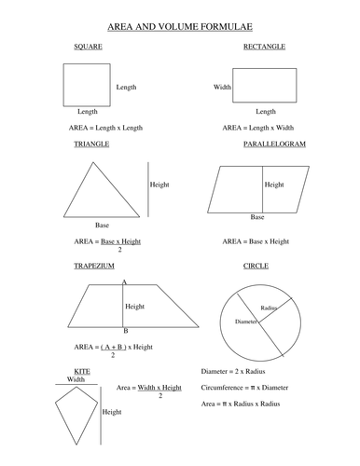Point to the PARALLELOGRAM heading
[274, 144]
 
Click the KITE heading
[82, 371]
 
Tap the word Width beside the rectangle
[222, 87]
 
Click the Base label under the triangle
[103, 225]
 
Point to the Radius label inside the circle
[270, 307]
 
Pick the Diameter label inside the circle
[233, 321]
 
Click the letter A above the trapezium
[124, 281]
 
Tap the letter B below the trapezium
[125, 331]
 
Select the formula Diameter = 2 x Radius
[233, 371]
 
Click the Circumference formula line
[243, 388]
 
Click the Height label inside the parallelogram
[274, 185]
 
